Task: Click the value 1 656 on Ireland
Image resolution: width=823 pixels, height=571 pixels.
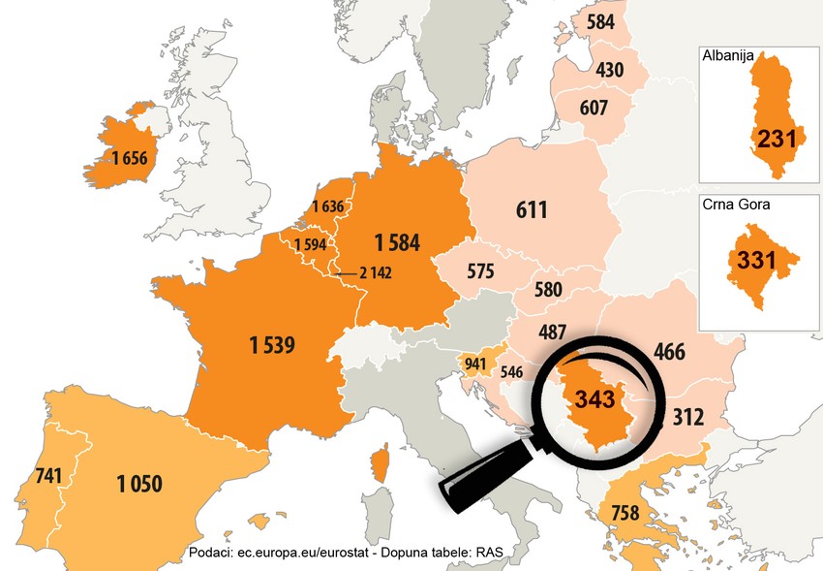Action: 129,158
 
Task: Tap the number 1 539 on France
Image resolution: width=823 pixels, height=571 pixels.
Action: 270,344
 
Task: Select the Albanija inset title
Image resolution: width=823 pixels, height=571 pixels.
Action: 729,56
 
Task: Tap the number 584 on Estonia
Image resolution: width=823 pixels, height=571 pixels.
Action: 600,20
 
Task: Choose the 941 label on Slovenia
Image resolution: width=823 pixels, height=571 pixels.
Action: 475,365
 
